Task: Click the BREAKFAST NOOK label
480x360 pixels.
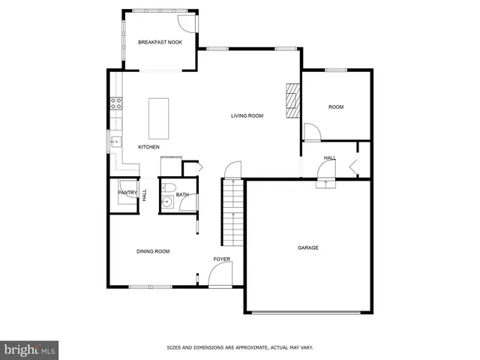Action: tap(160, 42)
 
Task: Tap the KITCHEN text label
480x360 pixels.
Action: tap(148, 147)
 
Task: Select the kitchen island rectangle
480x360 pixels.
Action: tap(158, 118)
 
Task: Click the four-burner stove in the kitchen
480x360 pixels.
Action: tap(116, 104)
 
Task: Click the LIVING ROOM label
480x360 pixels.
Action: tap(247, 115)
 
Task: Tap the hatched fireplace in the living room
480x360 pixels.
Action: tap(292, 100)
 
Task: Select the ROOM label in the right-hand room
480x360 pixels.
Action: tap(336, 107)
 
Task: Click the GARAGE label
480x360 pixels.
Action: tap(308, 247)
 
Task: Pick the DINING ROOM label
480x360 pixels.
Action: tap(152, 251)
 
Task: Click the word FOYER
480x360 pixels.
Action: tap(222, 259)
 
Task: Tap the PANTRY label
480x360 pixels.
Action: tap(127, 193)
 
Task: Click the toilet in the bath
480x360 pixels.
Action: tap(169, 187)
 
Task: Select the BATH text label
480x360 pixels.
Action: tap(182, 196)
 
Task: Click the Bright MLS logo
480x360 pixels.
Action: tap(30, 349)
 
